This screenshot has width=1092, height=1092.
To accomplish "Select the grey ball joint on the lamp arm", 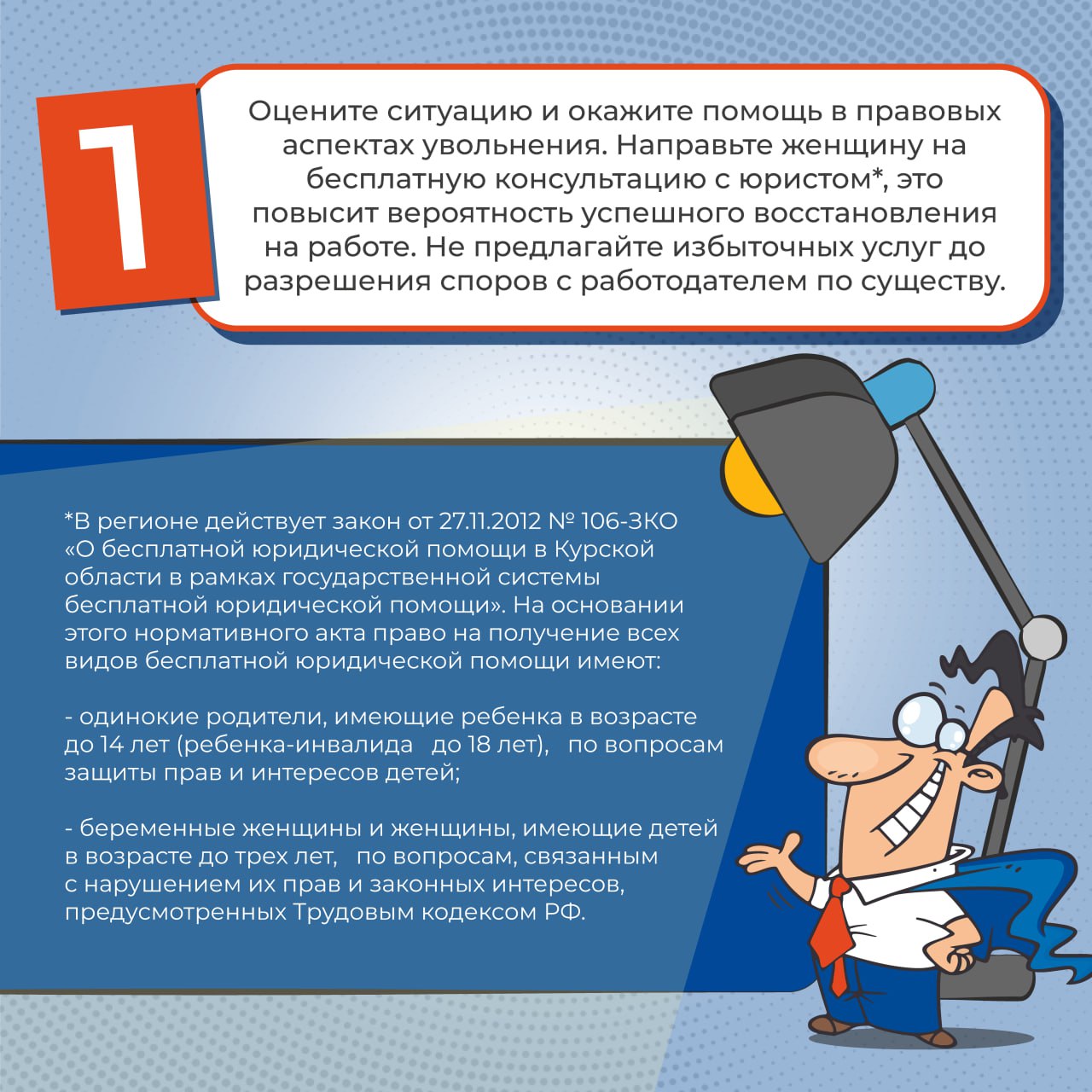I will click(1043, 636).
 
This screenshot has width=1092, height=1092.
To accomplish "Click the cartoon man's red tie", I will click(832, 930).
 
